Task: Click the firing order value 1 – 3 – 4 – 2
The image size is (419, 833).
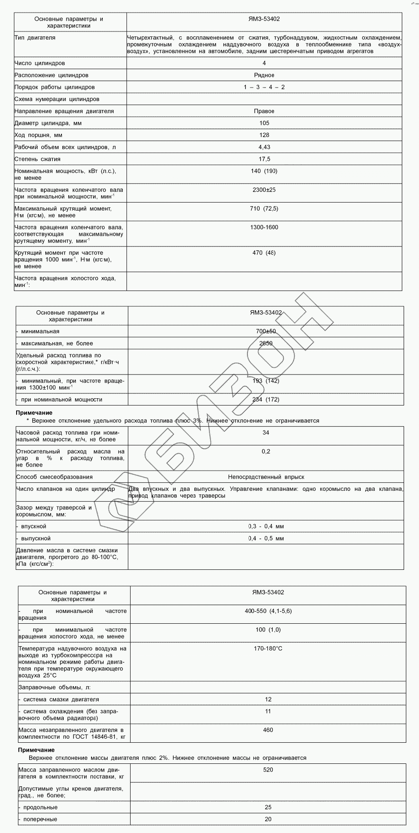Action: click(x=264, y=87)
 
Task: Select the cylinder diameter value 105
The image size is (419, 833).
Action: click(x=264, y=123)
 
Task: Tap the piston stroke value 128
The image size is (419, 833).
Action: click(x=264, y=135)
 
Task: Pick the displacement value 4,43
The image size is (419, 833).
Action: click(x=264, y=147)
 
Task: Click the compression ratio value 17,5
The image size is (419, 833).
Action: click(x=264, y=159)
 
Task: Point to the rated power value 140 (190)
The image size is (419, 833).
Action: click(x=264, y=171)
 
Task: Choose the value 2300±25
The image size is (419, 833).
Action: click(x=264, y=190)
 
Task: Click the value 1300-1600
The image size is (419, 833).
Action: click(x=264, y=227)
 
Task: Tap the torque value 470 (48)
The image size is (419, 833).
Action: click(x=264, y=253)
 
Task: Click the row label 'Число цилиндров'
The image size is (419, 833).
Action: click(x=39, y=63)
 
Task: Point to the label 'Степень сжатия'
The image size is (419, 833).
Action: click(x=37, y=159)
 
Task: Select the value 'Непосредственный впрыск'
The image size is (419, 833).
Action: click(x=266, y=477)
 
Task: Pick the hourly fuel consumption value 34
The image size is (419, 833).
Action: click(x=266, y=433)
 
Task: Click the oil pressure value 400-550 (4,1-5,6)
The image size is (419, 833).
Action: click(x=268, y=611)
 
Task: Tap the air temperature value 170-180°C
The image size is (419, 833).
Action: click(x=268, y=648)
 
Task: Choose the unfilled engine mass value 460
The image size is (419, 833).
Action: click(x=268, y=730)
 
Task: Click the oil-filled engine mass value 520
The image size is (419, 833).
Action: click(x=268, y=770)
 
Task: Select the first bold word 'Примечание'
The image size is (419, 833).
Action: click(x=34, y=413)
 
